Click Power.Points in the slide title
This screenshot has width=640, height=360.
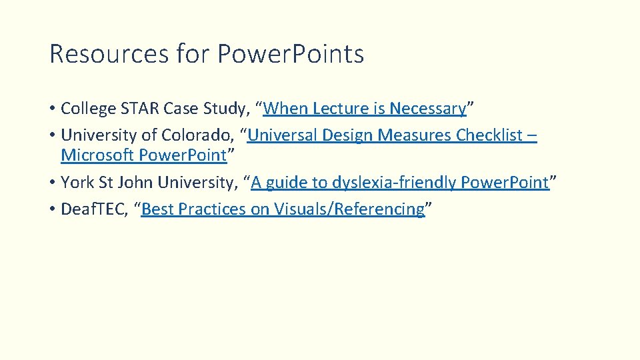[x=291, y=54]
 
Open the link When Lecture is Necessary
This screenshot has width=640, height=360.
[x=364, y=108]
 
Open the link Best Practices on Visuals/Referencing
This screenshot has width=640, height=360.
[x=283, y=209]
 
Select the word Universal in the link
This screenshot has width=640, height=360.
[x=283, y=135]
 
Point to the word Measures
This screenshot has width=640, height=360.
[x=415, y=135]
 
